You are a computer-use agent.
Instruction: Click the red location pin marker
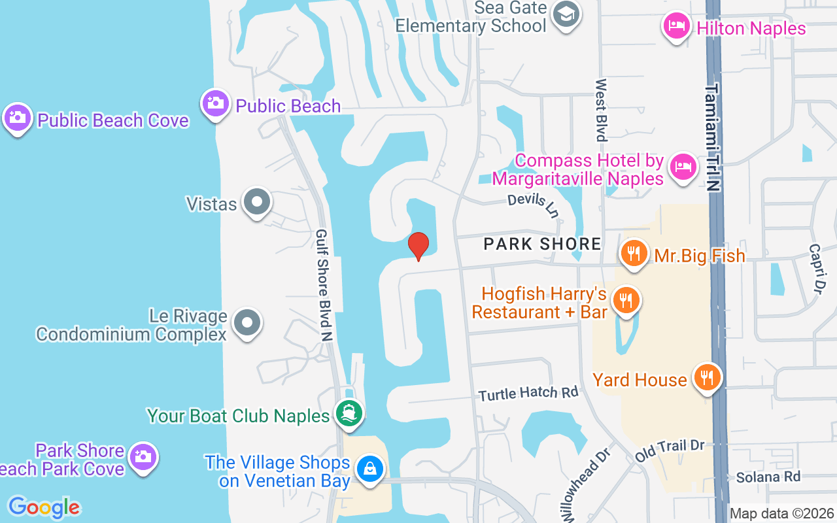[418, 246]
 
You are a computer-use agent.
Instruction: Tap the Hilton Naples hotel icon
[676, 27]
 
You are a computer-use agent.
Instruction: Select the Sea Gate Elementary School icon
[566, 14]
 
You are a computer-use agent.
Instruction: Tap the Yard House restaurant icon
[707, 378]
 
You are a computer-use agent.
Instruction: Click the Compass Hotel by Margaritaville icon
[683, 167]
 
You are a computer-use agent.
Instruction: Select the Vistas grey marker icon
[256, 203]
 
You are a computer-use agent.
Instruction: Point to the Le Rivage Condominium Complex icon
[247, 323]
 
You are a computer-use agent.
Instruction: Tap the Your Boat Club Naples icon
[349, 414]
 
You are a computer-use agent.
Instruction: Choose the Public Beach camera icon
[215, 103]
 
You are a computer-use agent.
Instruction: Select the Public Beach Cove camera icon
[17, 118]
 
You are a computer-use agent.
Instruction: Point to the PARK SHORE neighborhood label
[542, 245]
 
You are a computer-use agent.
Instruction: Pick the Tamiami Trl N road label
[713, 137]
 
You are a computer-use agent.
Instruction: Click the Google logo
[44, 507]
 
